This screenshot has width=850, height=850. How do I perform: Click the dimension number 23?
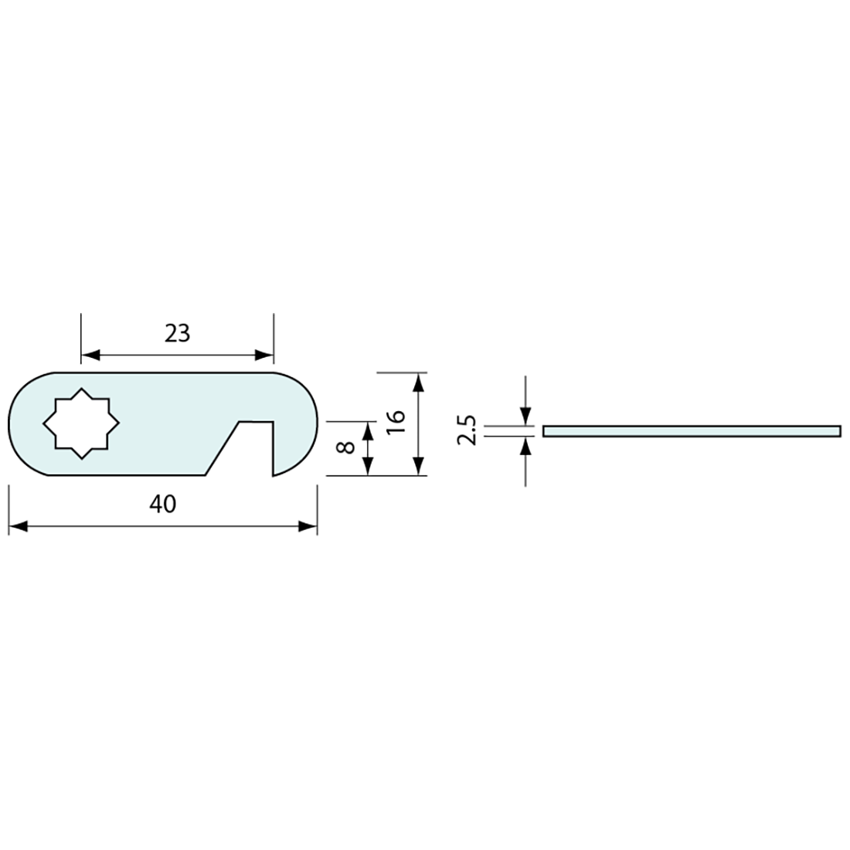point(177,333)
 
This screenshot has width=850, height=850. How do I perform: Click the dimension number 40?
point(162,504)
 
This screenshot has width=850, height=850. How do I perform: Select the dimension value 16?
point(396,420)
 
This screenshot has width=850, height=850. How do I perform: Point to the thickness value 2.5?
point(466,430)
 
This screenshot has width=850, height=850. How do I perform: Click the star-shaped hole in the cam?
point(81,423)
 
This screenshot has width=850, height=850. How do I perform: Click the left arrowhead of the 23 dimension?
point(90,355)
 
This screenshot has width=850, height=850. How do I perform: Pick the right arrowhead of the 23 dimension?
point(264,355)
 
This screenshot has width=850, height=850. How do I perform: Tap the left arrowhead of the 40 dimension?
point(18,525)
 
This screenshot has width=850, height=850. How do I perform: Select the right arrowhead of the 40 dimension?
point(308,525)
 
